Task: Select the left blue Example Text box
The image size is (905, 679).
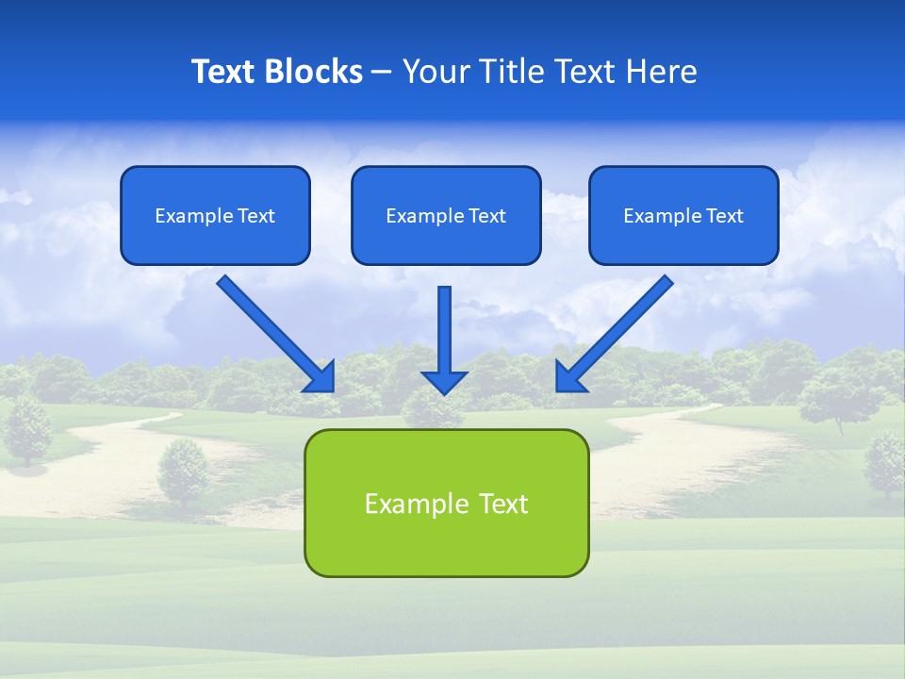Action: [x=215, y=215]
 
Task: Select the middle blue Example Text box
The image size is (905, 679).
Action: [x=446, y=215]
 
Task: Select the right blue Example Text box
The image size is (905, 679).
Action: [x=683, y=215]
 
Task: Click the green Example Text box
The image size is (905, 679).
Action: [x=446, y=503]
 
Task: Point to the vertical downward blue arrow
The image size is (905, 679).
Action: [x=444, y=330]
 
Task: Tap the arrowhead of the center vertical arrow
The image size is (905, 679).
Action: [x=444, y=381]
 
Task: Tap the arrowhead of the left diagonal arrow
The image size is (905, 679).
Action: [x=321, y=377]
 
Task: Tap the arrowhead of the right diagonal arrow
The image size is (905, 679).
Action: [x=569, y=377]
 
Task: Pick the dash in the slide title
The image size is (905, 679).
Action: [x=382, y=72]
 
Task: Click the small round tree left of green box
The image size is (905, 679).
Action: [x=183, y=470]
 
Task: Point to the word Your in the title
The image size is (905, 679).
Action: [x=435, y=72]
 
